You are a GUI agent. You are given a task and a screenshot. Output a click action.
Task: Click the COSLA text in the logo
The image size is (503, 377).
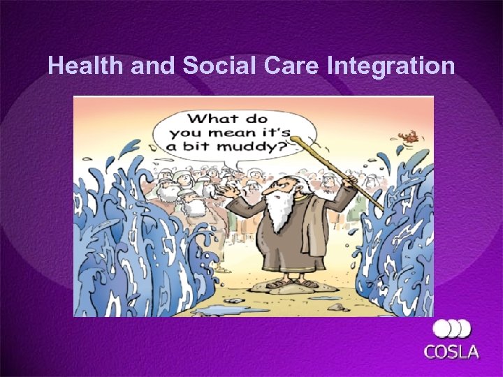pos(452,350)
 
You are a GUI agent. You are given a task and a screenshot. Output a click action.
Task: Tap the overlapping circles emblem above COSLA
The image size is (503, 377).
pos(452,329)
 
